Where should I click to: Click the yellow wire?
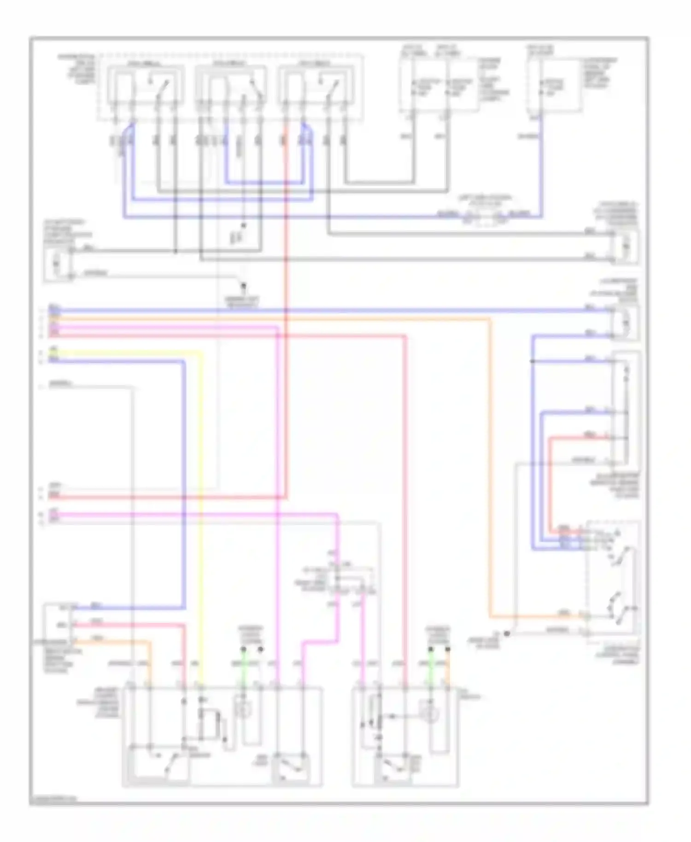click(201, 507)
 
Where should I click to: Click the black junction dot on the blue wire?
click(533, 361)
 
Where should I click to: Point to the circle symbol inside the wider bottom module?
click(242, 710)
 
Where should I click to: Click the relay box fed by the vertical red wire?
click(316, 85)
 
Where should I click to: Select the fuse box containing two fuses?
click(439, 85)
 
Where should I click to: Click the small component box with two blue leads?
click(625, 322)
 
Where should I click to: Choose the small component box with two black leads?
click(625, 247)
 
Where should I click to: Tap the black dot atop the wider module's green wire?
click(244, 649)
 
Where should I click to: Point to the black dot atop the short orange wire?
click(447, 649)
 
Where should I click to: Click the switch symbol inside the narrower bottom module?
click(392, 767)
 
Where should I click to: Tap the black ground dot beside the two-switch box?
click(507, 634)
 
